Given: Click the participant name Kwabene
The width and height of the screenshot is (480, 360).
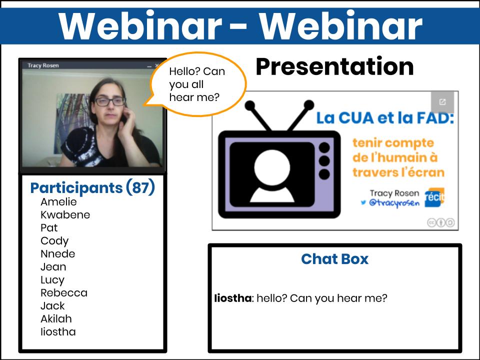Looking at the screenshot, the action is click(x=65, y=215).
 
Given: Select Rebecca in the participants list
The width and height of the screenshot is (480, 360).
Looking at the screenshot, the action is click(x=64, y=293).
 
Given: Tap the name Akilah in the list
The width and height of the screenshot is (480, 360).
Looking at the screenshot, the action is click(x=56, y=319).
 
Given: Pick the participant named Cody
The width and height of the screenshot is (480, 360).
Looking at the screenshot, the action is click(x=54, y=241).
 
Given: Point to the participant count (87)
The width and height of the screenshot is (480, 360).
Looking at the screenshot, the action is click(x=140, y=187).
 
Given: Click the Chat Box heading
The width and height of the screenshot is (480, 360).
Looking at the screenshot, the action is click(x=334, y=259).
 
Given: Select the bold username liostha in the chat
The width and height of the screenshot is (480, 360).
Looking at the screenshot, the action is click(x=232, y=298).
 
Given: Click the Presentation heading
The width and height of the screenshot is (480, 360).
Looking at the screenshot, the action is click(x=334, y=66).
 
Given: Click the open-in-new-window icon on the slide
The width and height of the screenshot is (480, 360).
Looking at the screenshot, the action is click(x=442, y=102).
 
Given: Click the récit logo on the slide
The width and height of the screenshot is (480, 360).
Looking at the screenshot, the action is click(x=434, y=197).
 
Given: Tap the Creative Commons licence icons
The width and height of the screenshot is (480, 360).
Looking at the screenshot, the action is click(x=441, y=222).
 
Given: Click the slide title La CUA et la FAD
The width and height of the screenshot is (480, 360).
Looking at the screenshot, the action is click(x=385, y=118).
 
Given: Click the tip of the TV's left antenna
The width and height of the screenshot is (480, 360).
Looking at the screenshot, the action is click(x=250, y=105).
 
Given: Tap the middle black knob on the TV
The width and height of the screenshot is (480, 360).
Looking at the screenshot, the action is click(x=324, y=161).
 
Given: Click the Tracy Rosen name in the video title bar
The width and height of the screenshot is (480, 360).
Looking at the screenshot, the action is click(x=43, y=65).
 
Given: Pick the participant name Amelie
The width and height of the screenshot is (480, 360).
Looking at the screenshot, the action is click(x=58, y=202).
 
